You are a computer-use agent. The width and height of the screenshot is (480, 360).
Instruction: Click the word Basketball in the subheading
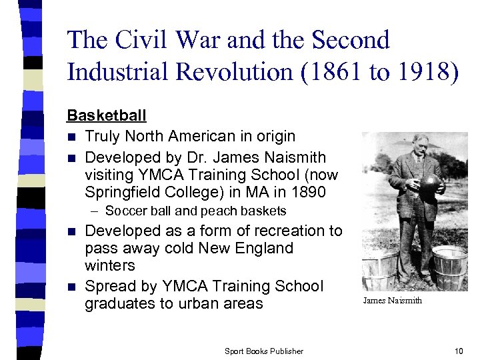107,115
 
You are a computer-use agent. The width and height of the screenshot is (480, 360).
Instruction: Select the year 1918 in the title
418,73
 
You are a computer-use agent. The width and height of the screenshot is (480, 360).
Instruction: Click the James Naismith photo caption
392,301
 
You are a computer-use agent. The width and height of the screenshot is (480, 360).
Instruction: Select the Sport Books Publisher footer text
263,351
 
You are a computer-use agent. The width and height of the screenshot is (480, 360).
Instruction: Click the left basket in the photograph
379,270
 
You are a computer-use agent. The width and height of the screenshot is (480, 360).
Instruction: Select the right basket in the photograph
449,267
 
